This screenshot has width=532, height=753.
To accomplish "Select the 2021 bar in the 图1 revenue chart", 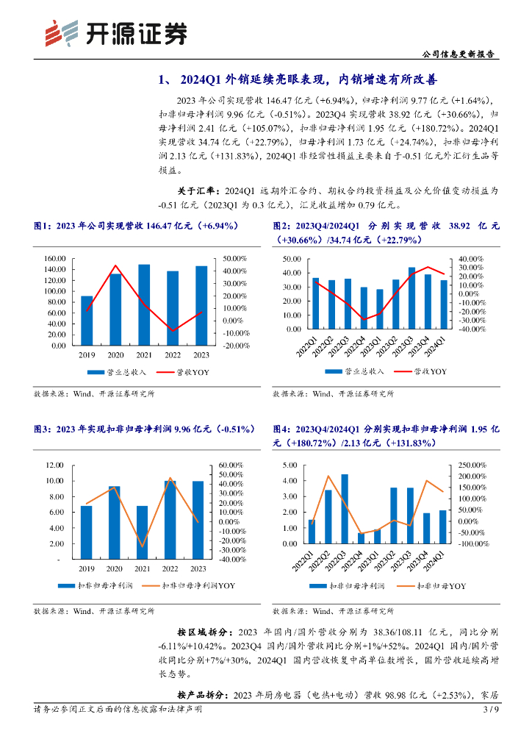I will (x=144, y=304).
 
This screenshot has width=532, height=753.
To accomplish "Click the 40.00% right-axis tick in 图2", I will (x=472, y=259).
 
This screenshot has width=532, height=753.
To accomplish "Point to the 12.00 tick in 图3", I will (x=56, y=465).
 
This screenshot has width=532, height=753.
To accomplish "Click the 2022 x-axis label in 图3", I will (x=170, y=568).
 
